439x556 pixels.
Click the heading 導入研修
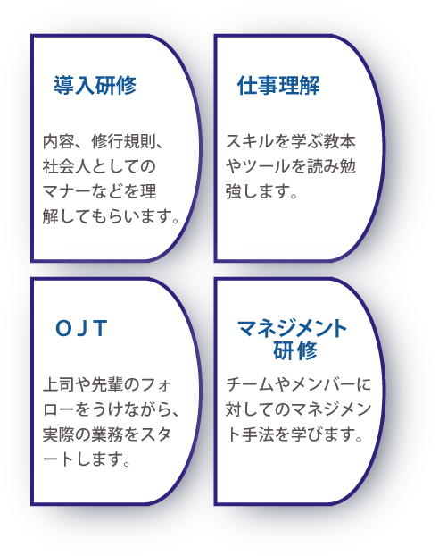95,85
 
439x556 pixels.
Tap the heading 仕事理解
278,85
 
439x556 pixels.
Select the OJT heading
81,328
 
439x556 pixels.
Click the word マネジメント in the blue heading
292,328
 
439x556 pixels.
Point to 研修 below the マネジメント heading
295,350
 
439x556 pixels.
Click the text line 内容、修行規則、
103,142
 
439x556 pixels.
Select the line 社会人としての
99,166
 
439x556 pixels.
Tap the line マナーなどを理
99,191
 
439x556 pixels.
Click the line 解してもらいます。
112,216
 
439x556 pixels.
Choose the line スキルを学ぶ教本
291,142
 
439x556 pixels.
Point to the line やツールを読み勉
291,166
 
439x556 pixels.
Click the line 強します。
261,191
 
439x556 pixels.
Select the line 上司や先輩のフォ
107,385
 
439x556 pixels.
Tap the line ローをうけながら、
112,410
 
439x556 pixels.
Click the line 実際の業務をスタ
107,434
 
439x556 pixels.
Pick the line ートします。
87,459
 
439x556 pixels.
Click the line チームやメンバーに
298,385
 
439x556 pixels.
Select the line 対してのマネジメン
298,410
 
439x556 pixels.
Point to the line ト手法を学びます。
294,434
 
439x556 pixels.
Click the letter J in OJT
82,328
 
